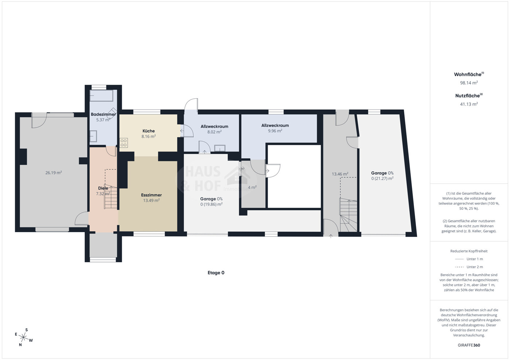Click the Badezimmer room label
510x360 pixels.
(x=103, y=114)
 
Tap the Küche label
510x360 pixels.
(x=148, y=131)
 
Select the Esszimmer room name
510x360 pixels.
(x=151, y=195)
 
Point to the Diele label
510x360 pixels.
(x=103, y=188)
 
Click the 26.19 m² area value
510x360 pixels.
(x=53, y=173)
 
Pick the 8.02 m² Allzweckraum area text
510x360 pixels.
(x=214, y=132)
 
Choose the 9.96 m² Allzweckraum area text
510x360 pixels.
(x=275, y=131)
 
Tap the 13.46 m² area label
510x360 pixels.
(x=340, y=174)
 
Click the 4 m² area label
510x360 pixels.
(x=252, y=187)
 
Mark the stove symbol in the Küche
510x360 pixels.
(x=124, y=142)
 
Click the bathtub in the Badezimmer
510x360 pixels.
(x=102, y=96)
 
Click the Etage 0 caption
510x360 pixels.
(x=216, y=273)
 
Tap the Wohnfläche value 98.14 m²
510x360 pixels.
(x=469, y=83)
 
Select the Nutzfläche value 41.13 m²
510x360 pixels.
(x=469, y=104)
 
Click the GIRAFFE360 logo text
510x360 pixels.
(x=469, y=345)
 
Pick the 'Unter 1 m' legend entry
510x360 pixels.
(x=469, y=259)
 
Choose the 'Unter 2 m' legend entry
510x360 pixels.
(x=469, y=267)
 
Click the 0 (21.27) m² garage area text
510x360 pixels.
(x=382, y=179)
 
